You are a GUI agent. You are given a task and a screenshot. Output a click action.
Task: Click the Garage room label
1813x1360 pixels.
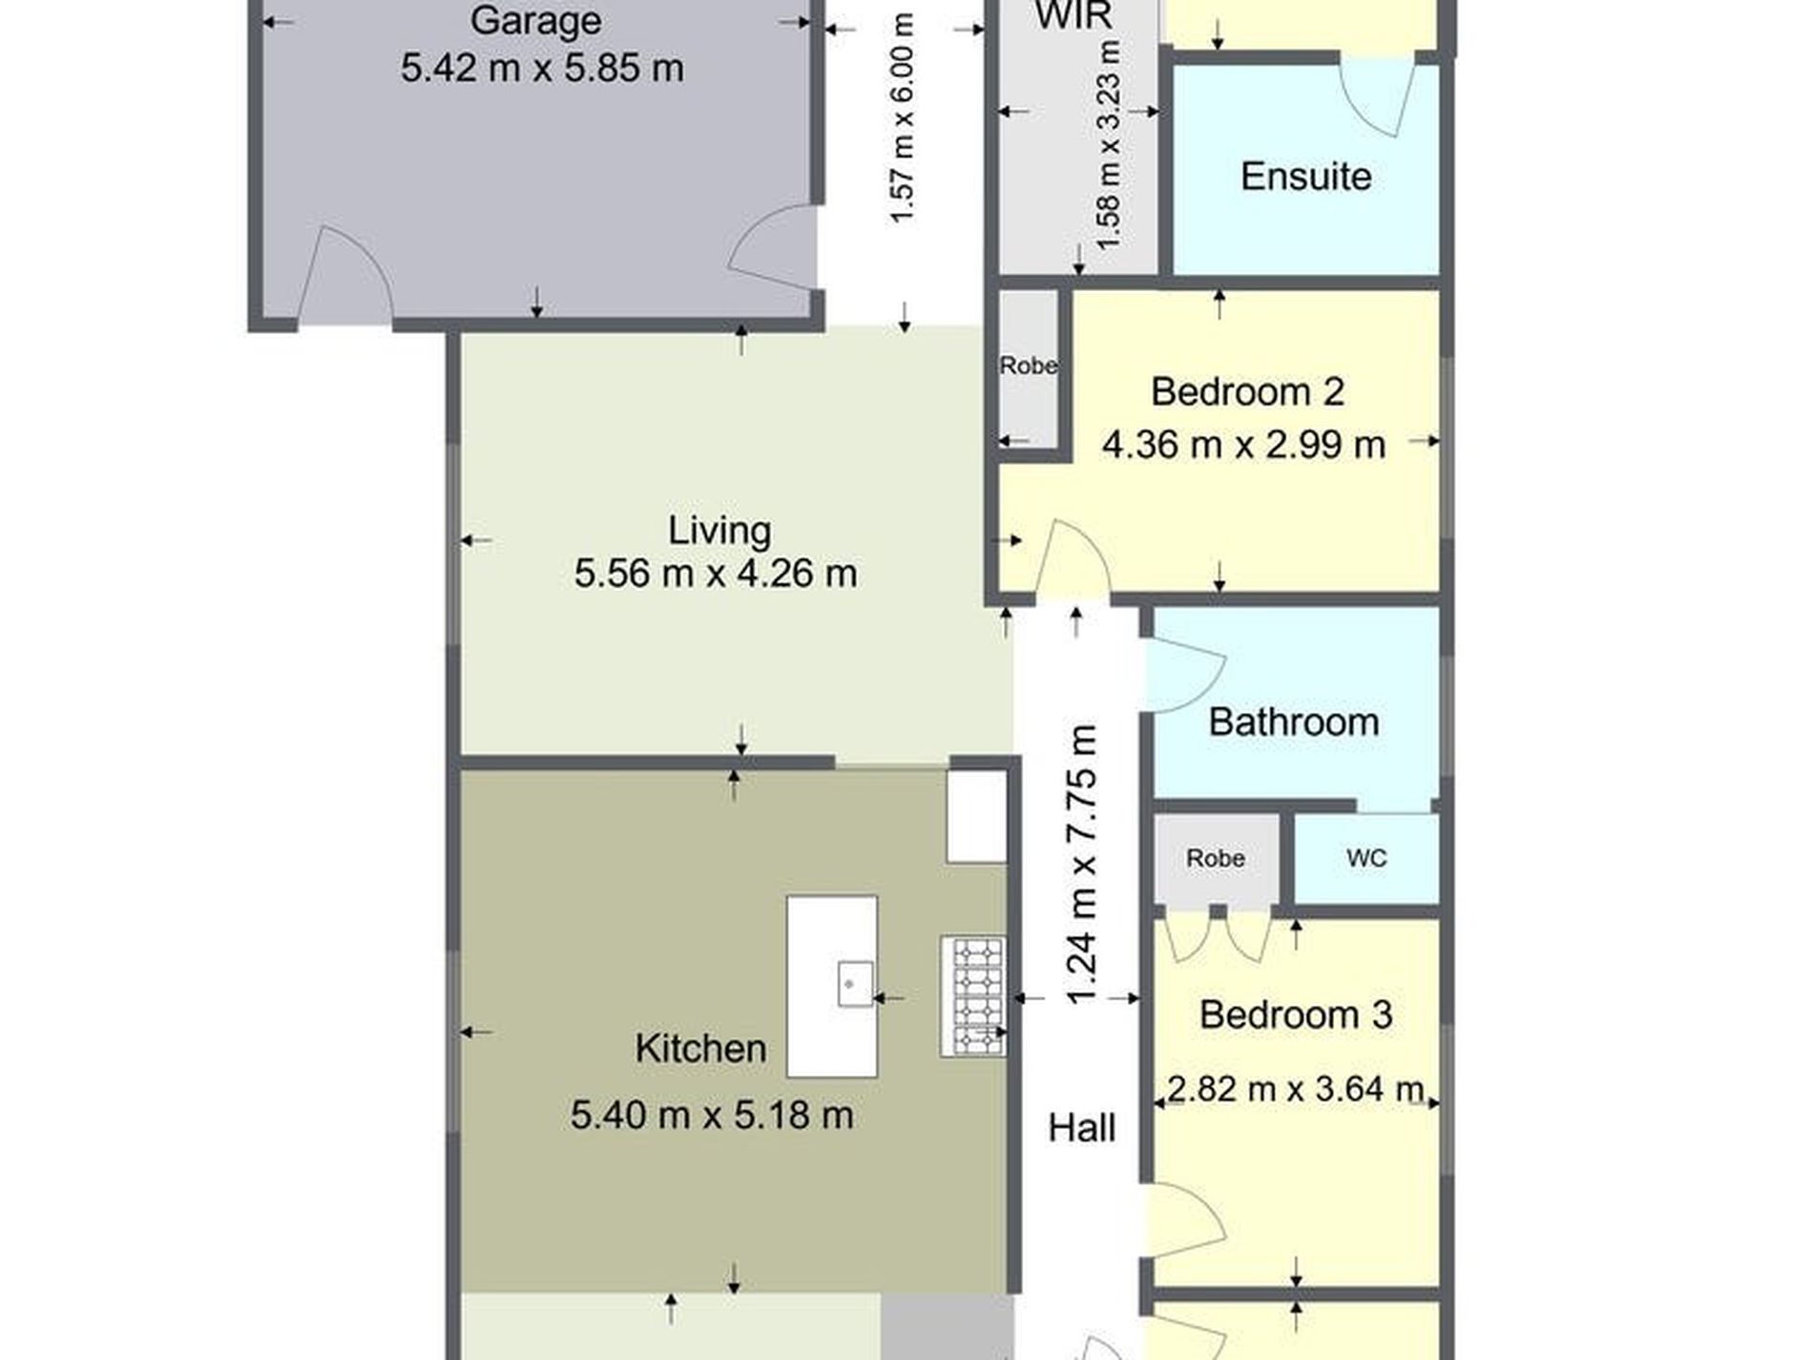[x=535, y=21]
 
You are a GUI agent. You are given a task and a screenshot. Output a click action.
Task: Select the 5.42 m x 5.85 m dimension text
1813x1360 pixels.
[x=542, y=69]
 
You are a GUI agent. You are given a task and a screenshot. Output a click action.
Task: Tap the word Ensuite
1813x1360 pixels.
[x=1305, y=177]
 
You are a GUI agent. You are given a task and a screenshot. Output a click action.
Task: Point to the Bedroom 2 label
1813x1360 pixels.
[x=1247, y=392]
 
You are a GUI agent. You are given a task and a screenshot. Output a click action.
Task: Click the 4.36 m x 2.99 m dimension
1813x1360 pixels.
[x=1243, y=445]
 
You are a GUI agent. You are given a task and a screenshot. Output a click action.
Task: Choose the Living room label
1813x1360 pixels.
[x=719, y=531]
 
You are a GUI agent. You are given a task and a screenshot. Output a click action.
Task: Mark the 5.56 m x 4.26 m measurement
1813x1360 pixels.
[x=716, y=574]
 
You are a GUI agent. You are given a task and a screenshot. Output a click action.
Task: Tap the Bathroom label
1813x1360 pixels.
[x=1293, y=722]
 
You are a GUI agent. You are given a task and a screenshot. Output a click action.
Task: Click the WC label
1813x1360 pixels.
[x=1365, y=859]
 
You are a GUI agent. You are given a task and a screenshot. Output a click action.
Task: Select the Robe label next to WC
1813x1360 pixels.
[x=1215, y=859]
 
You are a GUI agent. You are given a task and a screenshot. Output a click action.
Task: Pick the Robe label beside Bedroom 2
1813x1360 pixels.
[x=1028, y=366]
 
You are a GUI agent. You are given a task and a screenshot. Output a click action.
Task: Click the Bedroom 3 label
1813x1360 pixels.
[x=1295, y=1015]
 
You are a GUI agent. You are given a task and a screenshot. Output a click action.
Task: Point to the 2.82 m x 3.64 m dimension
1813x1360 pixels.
[x=1295, y=1088]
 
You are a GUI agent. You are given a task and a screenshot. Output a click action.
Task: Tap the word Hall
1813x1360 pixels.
[x=1081, y=1129]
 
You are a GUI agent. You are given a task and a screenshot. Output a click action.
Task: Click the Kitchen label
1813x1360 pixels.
[x=700, y=1049]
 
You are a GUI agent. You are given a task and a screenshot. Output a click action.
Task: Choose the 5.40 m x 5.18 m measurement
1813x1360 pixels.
[x=712, y=1115]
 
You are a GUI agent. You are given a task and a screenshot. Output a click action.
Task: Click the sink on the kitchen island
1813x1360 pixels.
[x=855, y=984]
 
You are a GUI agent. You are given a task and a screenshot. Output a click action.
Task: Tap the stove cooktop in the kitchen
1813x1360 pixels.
[x=972, y=996]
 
